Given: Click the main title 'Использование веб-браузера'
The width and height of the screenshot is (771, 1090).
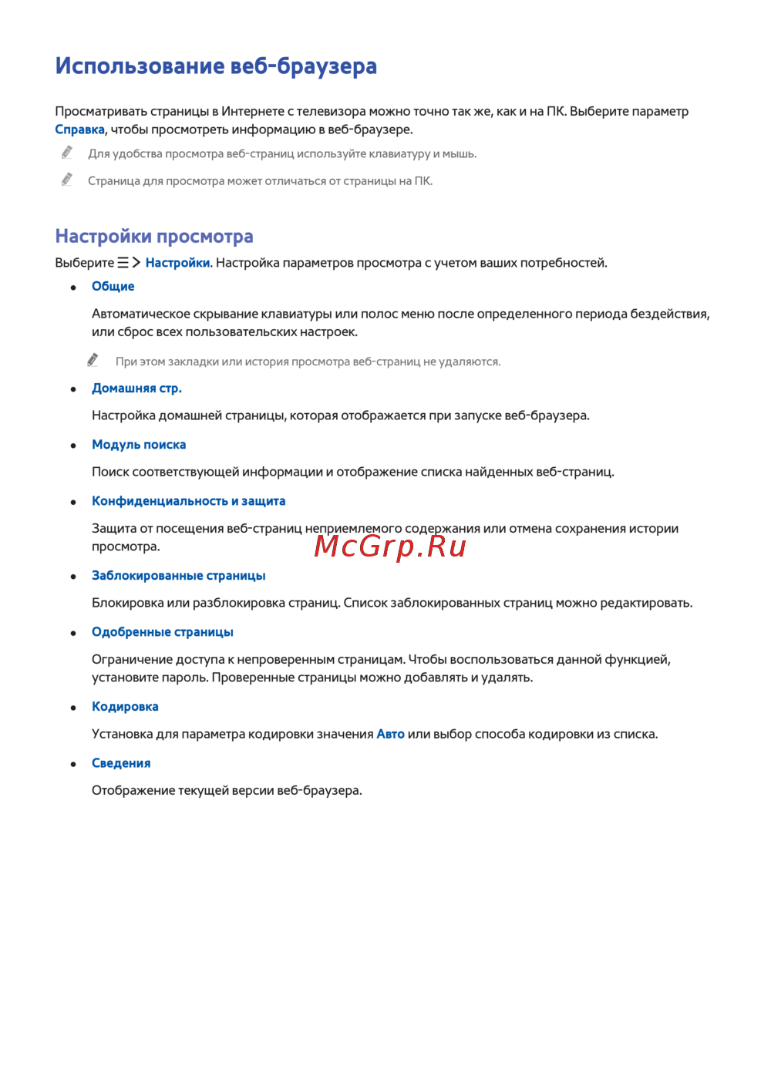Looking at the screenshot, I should click(216, 66).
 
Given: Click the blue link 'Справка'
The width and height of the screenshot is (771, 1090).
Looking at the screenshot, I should click(79, 130).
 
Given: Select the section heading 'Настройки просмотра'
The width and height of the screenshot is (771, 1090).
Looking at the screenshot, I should click(154, 236).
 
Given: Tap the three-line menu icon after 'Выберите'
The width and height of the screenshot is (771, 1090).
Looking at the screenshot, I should click(123, 263).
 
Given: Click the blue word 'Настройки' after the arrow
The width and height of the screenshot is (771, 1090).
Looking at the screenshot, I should click(177, 263).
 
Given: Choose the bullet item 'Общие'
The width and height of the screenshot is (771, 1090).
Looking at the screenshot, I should click(113, 286).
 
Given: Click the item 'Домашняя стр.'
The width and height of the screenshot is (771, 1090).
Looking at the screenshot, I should click(136, 388).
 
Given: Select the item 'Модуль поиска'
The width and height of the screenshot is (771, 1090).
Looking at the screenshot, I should click(139, 444).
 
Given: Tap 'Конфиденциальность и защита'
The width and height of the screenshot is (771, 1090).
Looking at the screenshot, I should click(188, 501).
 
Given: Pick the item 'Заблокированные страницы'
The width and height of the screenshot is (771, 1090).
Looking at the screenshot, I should click(178, 575).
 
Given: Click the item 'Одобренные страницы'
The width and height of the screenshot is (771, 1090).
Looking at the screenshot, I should click(162, 631).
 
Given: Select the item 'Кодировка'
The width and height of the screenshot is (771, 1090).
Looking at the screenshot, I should click(125, 706).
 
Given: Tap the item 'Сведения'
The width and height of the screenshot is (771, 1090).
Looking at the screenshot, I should click(121, 762).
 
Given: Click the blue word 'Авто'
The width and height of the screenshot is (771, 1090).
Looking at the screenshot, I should click(390, 734).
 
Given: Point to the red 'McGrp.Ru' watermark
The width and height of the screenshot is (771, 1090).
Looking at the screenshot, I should click(390, 546).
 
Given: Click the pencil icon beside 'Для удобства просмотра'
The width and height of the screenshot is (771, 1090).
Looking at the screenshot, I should click(67, 153).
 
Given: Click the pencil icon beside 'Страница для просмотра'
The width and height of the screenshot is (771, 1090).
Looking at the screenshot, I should click(67, 180).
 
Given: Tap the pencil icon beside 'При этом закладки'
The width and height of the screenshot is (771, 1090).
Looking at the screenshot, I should click(93, 360).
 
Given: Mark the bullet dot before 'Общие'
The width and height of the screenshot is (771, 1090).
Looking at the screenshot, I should click(73, 287).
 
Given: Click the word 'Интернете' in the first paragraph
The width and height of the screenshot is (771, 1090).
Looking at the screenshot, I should click(253, 111).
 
